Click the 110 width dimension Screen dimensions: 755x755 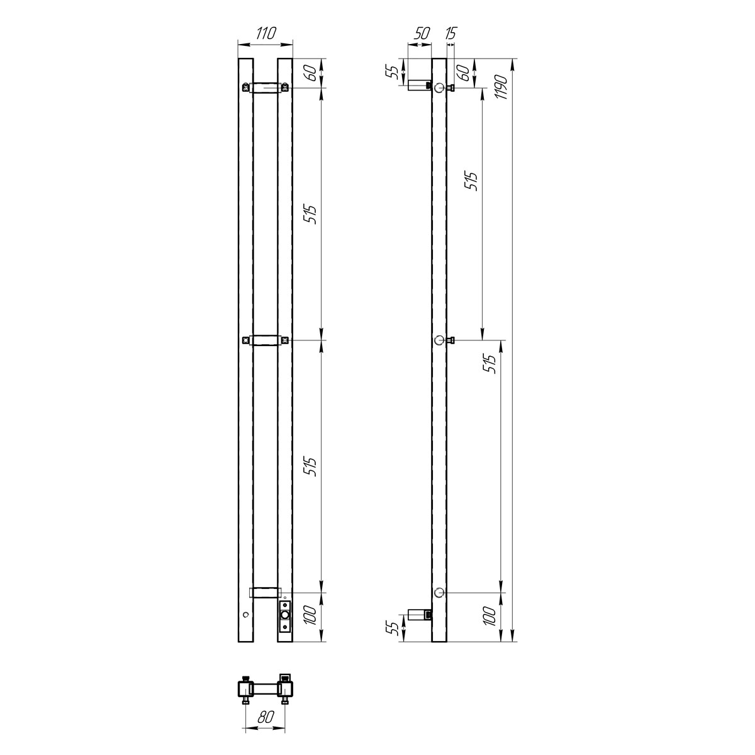coord(266,33)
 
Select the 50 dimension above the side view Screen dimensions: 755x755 coord(422,33)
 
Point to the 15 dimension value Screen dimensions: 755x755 coord(451,33)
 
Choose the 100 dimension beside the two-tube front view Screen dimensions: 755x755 coord(310,615)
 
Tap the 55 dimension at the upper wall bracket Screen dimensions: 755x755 coord(394,72)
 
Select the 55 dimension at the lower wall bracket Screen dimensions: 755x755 coord(394,629)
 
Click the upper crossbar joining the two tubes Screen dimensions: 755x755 coord(266,87)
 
